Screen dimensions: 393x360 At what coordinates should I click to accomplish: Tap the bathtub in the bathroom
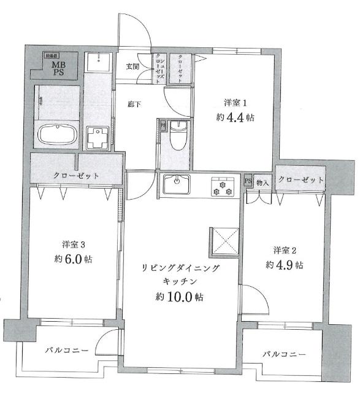click(56, 134)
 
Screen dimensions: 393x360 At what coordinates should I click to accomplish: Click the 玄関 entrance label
click(133, 66)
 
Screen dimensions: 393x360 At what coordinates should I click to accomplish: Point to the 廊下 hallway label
click(134, 104)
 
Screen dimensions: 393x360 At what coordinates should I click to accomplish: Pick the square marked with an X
click(224, 241)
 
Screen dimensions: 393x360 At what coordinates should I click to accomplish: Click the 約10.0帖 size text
click(179, 297)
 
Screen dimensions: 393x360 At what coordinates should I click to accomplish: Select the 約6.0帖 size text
click(73, 259)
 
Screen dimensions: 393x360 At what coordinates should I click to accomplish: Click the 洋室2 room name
click(285, 250)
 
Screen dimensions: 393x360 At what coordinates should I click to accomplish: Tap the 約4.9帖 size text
click(285, 265)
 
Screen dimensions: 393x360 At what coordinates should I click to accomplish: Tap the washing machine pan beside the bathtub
click(96, 138)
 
